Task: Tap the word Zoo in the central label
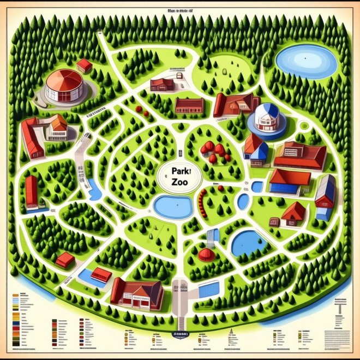(178, 184)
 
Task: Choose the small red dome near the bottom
(206, 254)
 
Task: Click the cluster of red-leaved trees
(213, 151)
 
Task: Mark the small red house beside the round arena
(85, 65)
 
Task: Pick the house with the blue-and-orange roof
(255, 147)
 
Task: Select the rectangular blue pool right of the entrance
(208, 289)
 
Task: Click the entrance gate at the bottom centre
(180, 292)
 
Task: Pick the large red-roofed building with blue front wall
(290, 182)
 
